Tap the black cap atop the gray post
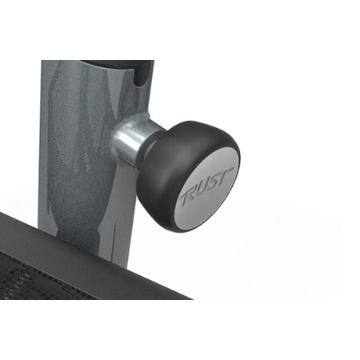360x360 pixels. click(x=120, y=63)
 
